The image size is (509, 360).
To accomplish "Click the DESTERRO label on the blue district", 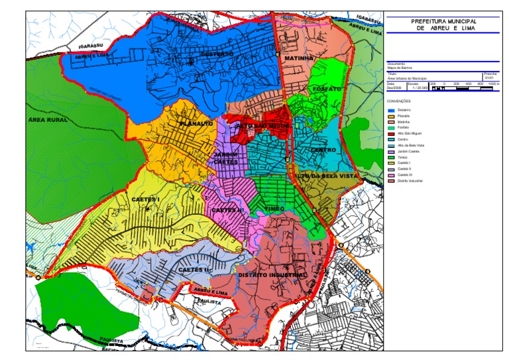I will pos(217,54).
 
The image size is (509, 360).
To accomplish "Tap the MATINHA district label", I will pos(298,58).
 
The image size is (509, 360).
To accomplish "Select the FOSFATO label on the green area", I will pos(327,88).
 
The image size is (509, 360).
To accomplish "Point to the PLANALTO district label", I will pos(196,123).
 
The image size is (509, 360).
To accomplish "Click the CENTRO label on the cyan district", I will pos(323,150).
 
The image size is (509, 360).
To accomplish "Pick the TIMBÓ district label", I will pos(274,208).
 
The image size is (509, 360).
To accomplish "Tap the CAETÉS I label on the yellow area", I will pos(146,199).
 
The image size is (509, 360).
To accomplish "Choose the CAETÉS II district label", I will pos(194,270).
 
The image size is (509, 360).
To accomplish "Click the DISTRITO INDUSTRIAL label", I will pos(272,274).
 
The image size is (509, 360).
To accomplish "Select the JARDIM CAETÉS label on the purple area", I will pos(225,158).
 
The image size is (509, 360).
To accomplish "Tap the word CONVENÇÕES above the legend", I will pos(399,101).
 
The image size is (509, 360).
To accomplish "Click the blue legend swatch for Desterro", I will pos(392,110).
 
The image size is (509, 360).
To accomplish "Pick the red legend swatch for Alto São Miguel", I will pos(392,133).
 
